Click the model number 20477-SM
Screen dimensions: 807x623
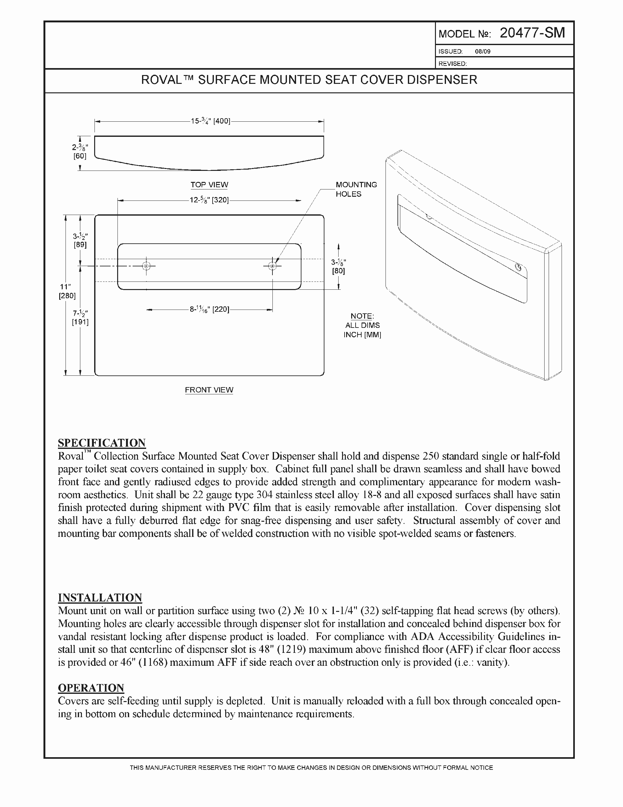tap(532, 33)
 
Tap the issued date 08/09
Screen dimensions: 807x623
tap(482, 52)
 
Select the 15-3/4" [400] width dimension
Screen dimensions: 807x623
tap(210, 121)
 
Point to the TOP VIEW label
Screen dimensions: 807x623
tap(209, 185)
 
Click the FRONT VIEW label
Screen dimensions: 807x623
tap(209, 390)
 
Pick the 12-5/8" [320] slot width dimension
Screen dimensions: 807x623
tap(209, 200)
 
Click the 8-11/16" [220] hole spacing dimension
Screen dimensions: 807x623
tap(209, 309)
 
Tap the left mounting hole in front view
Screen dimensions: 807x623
tap(146, 266)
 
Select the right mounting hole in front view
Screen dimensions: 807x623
tap(272, 266)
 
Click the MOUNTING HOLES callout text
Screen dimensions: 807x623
tap(356, 189)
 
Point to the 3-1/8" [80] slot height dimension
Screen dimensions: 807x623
tap(338, 266)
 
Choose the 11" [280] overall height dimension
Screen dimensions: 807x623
tap(67, 291)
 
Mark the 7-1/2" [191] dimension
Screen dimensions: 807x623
tap(80, 318)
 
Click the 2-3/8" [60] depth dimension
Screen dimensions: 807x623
tap(80, 151)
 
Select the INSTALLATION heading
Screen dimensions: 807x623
tap(100, 597)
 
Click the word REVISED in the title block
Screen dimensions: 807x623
tap(452, 64)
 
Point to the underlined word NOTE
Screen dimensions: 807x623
tap(362, 316)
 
